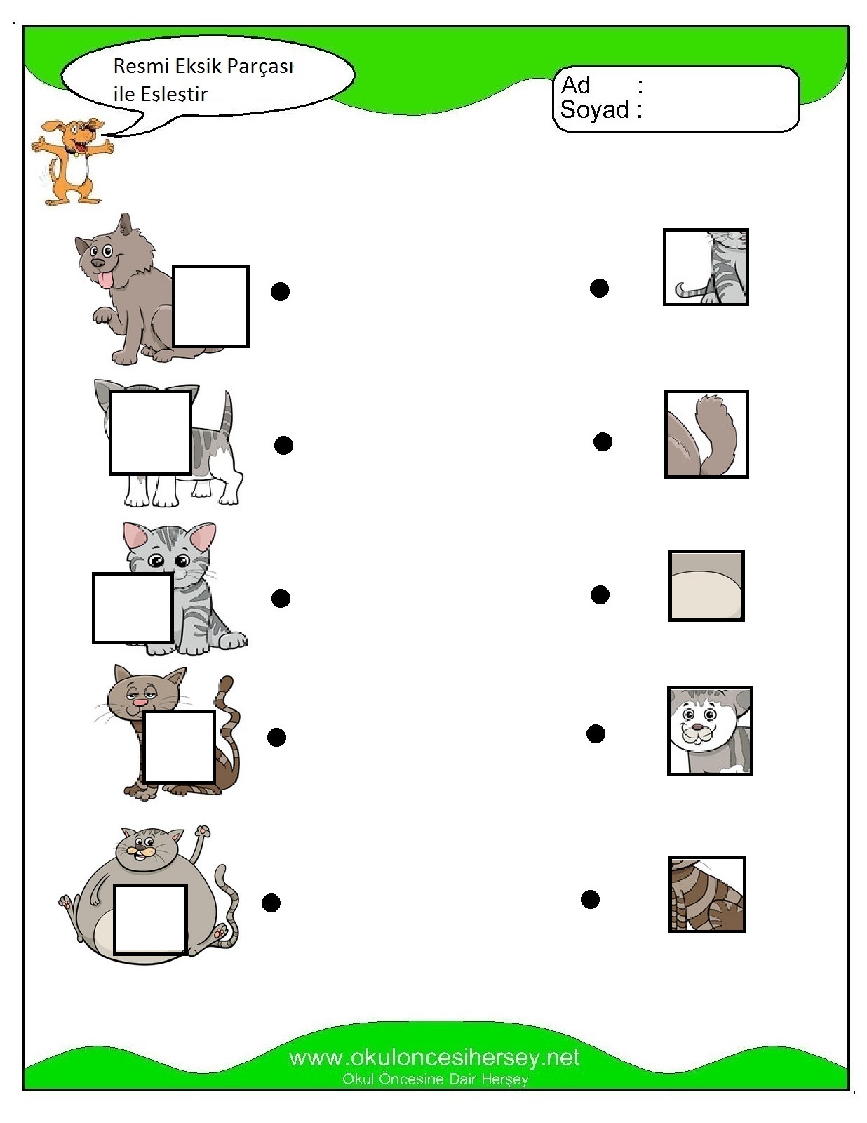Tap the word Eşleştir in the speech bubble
pyautogui.click(x=174, y=95)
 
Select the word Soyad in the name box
pyautogui.click(x=594, y=110)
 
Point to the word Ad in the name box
pyautogui.click(x=575, y=85)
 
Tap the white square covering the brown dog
pyautogui.click(x=210, y=306)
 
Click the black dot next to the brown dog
pyautogui.click(x=280, y=291)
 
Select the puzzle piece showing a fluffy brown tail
pyautogui.click(x=706, y=434)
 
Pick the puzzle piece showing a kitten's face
pyautogui.click(x=710, y=731)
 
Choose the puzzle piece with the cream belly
pyautogui.click(x=706, y=585)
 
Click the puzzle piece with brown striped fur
pyautogui.click(x=707, y=895)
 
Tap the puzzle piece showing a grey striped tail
pyautogui.click(x=706, y=267)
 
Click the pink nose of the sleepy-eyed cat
pyautogui.click(x=139, y=703)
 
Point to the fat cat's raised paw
pyautogui.click(x=203, y=830)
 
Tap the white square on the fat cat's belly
pyautogui.click(x=149, y=919)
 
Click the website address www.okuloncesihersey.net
pyautogui.click(x=434, y=1057)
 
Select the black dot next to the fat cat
pyautogui.click(x=271, y=903)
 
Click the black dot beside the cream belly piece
pyautogui.click(x=600, y=594)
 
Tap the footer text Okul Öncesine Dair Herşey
pyautogui.click(x=435, y=1079)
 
